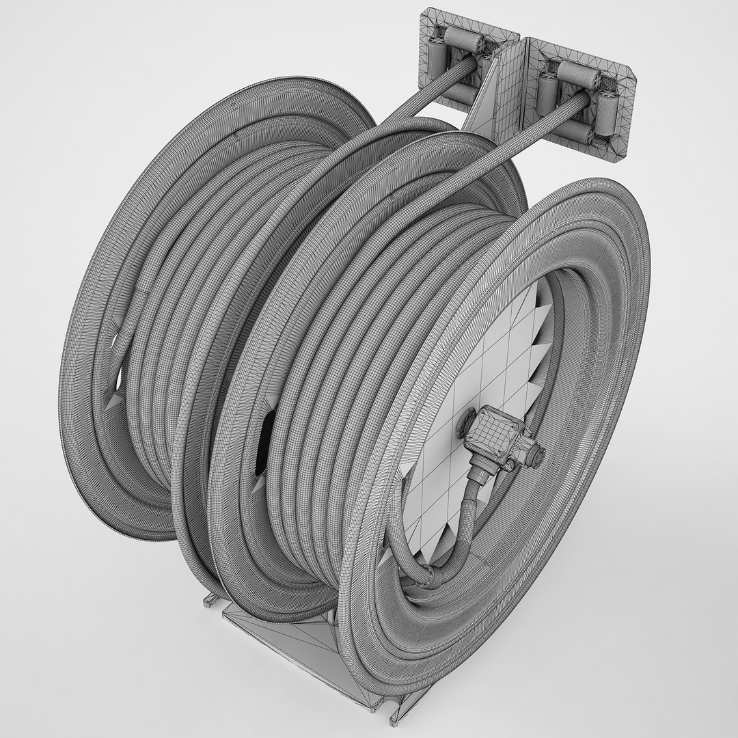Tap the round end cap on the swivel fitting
pos(538,454)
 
